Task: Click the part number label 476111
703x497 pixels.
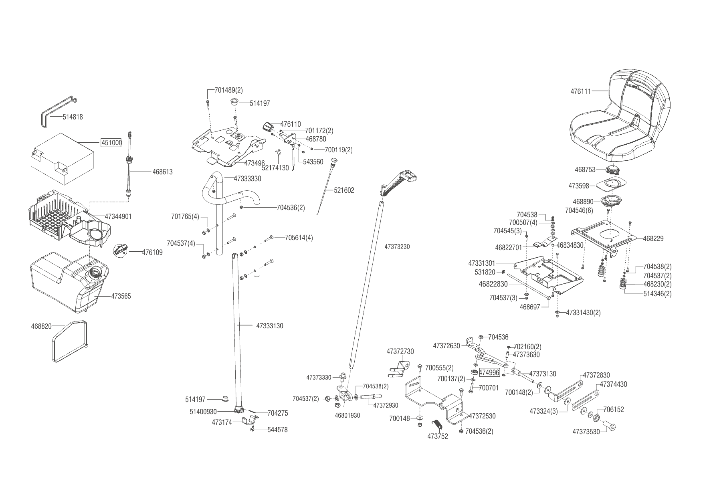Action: tap(580, 91)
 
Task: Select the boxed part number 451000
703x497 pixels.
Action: tap(111, 143)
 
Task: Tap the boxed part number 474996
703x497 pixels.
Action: tap(489, 372)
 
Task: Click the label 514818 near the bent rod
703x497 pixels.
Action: tap(73, 117)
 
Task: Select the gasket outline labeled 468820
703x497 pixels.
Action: tap(70, 340)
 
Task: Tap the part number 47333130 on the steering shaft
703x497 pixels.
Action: tap(269, 326)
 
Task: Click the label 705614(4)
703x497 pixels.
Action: tap(299, 238)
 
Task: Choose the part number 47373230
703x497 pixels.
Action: tap(397, 247)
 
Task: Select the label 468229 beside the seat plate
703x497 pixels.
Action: tap(653, 238)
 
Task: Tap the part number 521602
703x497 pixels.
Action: tap(344, 190)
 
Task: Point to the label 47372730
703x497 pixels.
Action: tap(400, 352)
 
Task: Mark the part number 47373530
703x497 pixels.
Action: tap(586, 432)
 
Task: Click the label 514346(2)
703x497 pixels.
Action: tap(657, 294)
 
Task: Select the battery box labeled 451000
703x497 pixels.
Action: tap(62, 158)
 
